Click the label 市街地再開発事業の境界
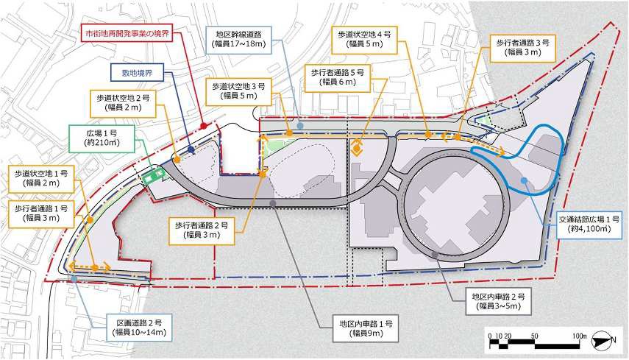click(124, 35)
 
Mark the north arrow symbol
click(611, 339)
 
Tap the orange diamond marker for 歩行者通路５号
click(358, 148)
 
